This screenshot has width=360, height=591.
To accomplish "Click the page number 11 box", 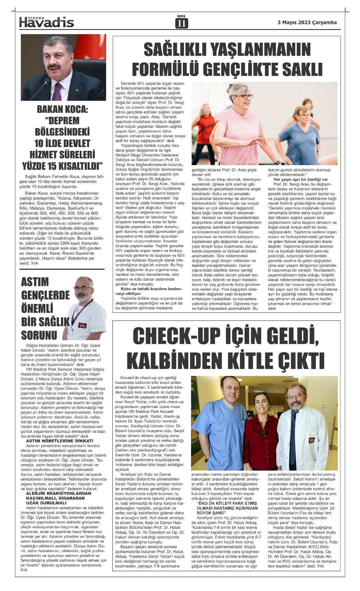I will pos(181,23).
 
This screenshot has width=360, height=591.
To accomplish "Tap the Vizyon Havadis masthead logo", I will pos(46,22).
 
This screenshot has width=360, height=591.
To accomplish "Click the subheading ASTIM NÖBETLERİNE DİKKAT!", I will pos(60,441).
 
